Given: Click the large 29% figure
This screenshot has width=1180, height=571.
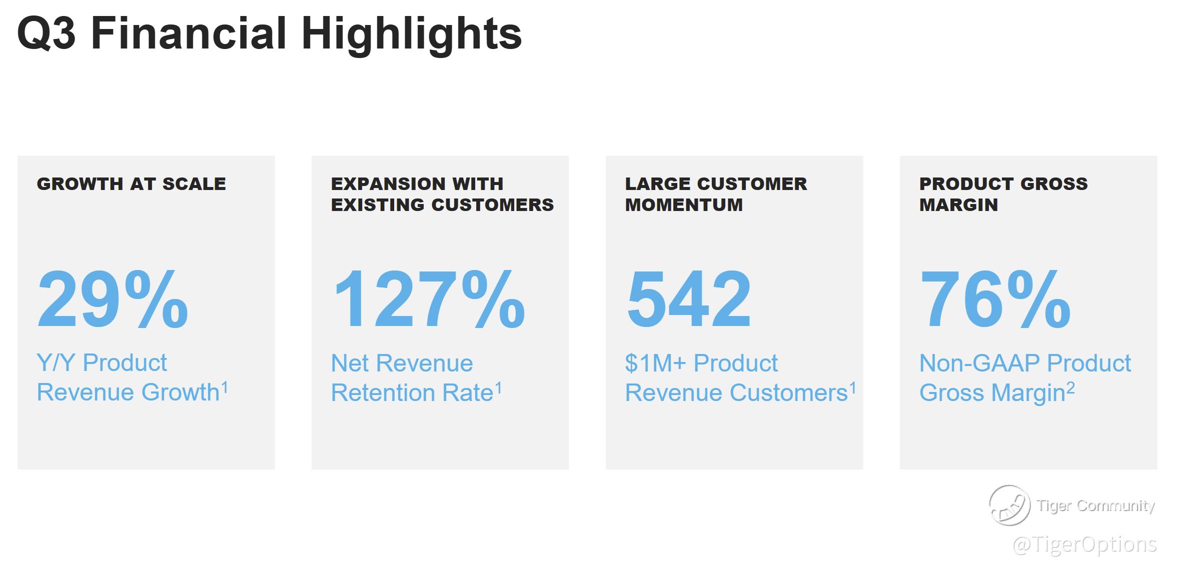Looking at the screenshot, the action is point(113,298).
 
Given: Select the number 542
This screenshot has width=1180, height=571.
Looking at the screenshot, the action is point(689,298).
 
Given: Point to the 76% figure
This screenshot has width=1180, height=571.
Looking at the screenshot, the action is point(995,298).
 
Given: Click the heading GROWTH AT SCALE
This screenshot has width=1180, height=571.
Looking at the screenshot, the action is point(132,184).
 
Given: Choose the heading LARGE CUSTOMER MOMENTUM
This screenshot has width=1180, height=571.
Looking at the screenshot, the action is point(716,194).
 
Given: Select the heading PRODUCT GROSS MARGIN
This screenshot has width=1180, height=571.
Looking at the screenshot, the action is point(1003,194).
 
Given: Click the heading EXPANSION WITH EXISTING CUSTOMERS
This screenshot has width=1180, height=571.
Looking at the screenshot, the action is point(442,194).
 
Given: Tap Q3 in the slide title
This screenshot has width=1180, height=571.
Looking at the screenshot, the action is point(46,34).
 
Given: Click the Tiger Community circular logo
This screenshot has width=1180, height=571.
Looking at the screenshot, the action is point(1009,505).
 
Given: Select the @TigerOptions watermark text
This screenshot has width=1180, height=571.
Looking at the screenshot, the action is point(1084,544).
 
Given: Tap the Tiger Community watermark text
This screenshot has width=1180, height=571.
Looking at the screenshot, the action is point(1096,505).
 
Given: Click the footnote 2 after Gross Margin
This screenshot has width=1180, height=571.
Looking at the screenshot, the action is point(1070,388).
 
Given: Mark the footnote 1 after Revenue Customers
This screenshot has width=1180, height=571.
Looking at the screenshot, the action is point(852,388).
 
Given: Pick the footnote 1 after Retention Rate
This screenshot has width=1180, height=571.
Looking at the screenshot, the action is point(498,388).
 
